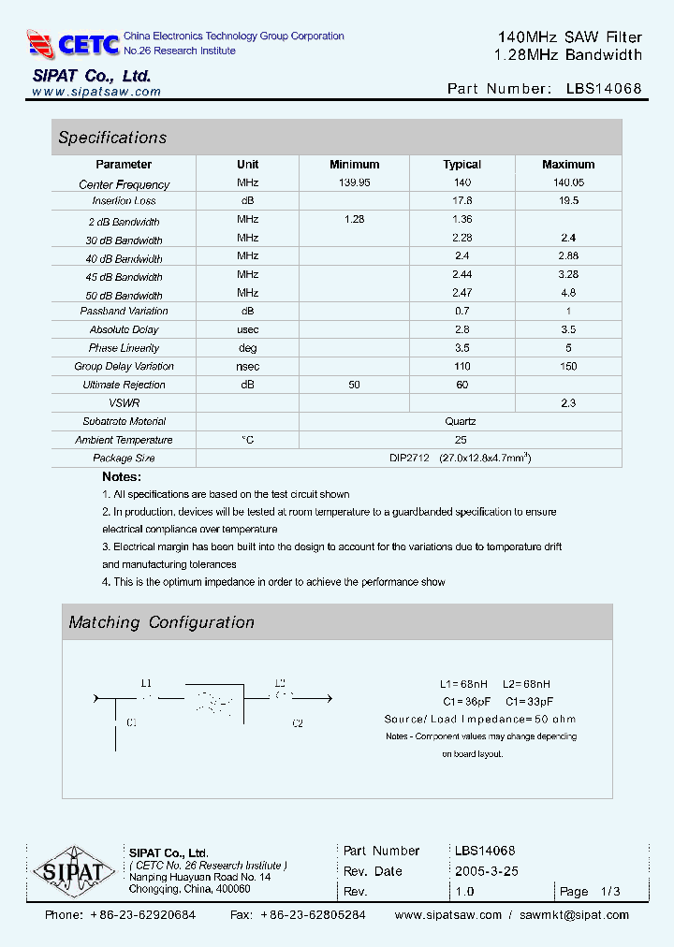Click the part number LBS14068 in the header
point(604,89)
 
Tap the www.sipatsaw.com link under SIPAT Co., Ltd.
point(96,92)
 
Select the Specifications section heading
point(112,138)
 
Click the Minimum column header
point(355,165)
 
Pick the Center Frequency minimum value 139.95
point(355,182)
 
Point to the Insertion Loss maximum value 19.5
point(568,200)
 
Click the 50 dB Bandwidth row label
point(125,296)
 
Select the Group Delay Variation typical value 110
point(462,366)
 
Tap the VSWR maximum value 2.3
point(568,402)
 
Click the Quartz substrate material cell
point(461,421)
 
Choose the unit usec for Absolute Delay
point(247,329)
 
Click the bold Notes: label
point(122,477)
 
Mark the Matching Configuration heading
point(161,622)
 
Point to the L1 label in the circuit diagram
point(146,683)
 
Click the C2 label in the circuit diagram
point(298,722)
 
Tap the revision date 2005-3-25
point(487,871)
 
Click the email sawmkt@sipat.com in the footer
point(574,915)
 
